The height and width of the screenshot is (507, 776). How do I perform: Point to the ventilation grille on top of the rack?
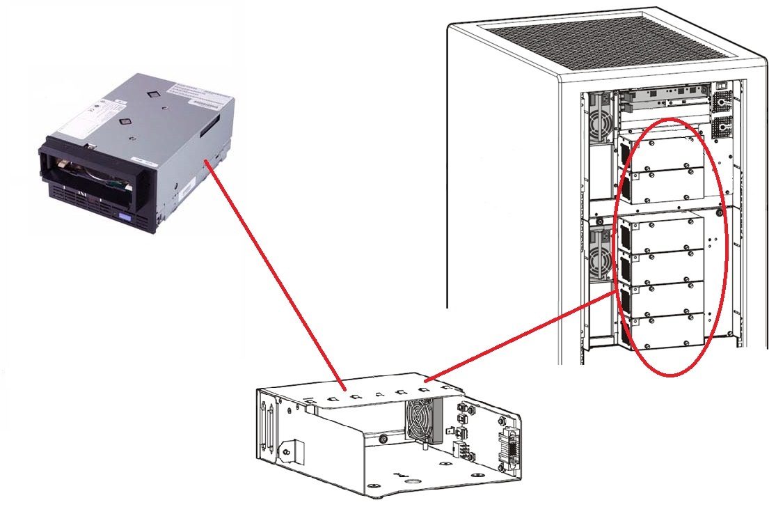tap(612, 42)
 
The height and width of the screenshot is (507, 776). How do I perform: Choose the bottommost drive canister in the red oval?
tap(661, 331)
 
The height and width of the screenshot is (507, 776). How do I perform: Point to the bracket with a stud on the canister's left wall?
tap(290, 449)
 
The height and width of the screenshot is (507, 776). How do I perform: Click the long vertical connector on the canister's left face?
tap(265, 425)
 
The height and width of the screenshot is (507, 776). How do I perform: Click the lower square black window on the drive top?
tap(125, 121)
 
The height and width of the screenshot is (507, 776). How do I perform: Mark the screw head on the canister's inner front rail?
tap(385, 439)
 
